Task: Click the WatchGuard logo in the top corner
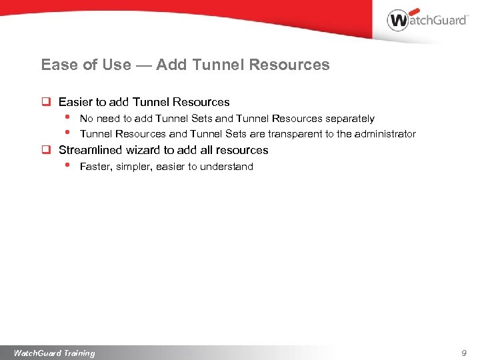[427, 20]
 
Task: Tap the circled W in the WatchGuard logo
[398, 20]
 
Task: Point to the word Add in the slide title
[171, 65]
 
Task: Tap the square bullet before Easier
[47, 103]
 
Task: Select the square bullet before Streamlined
[47, 151]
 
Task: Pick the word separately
[350, 119]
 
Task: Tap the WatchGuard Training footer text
[55, 353]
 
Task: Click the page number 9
[464, 353]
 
